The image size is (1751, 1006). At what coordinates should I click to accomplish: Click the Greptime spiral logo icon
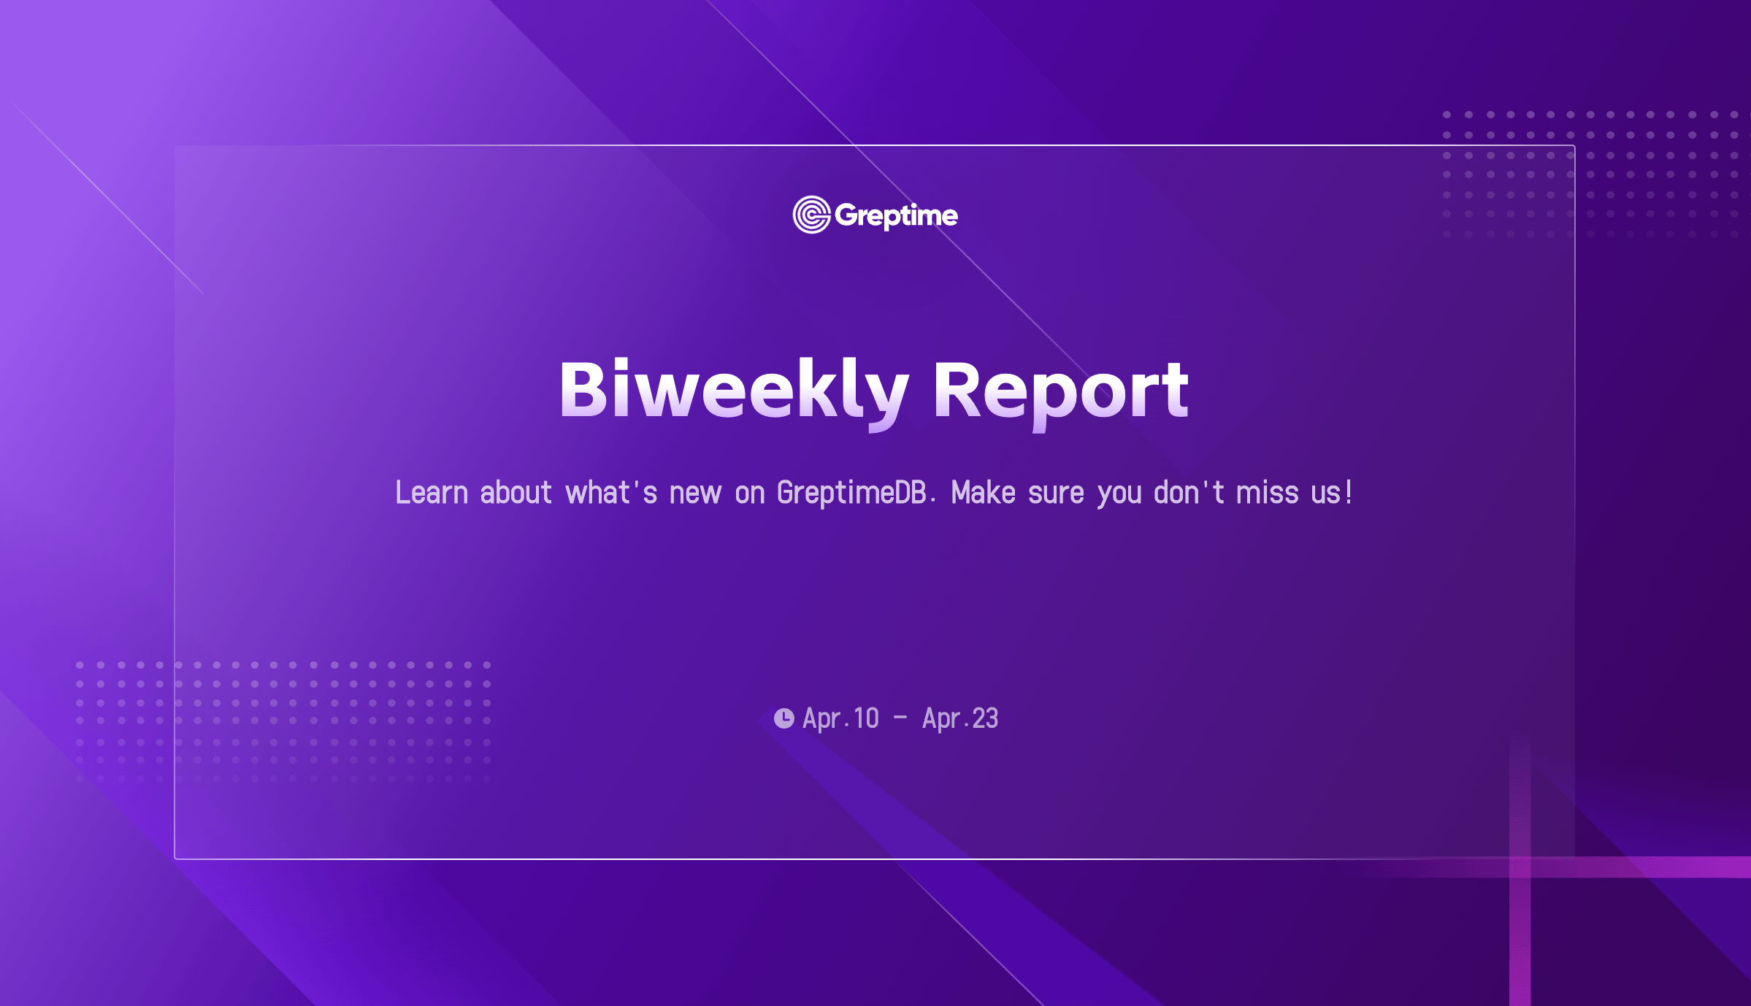pyautogui.click(x=811, y=215)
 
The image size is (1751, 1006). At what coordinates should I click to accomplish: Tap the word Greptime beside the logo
pyautogui.click(x=896, y=216)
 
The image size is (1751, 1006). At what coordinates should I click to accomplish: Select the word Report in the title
pyautogui.click(x=1061, y=393)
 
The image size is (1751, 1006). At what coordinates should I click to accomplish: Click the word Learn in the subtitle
pyautogui.click(x=432, y=493)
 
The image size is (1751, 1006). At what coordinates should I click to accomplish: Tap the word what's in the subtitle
pyautogui.click(x=611, y=493)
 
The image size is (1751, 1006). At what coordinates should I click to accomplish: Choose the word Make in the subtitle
pyautogui.click(x=984, y=493)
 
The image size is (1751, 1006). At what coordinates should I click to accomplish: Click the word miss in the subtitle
pyautogui.click(x=1268, y=493)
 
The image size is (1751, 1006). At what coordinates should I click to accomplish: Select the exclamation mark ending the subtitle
pyautogui.click(x=1349, y=491)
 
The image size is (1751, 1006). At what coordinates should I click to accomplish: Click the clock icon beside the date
pyautogui.click(x=783, y=718)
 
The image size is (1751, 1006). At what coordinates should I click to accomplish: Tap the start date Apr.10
pyautogui.click(x=840, y=718)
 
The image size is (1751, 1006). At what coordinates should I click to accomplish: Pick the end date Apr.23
pyautogui.click(x=960, y=718)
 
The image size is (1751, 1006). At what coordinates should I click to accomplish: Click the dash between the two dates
pyautogui.click(x=900, y=718)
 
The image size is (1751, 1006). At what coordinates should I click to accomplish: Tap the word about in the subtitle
pyautogui.click(x=516, y=493)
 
